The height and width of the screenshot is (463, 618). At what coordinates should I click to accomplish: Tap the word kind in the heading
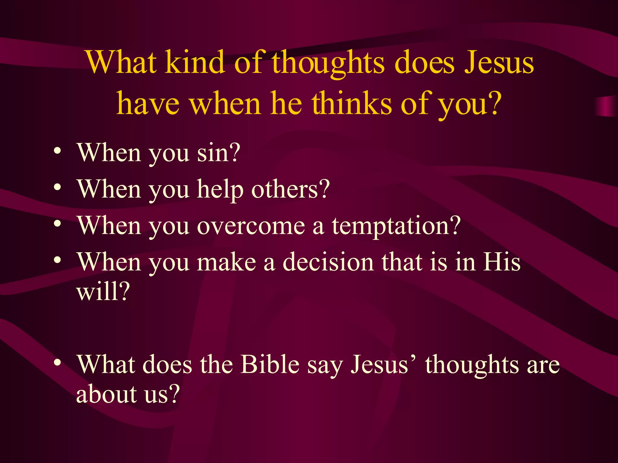tap(195, 63)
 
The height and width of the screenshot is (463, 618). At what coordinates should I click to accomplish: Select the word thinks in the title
tap(351, 104)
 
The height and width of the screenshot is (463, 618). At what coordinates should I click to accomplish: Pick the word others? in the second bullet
tap(290, 189)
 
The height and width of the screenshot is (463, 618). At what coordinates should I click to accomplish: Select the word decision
tap(328, 262)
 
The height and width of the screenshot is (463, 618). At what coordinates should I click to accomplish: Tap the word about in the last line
tap(106, 394)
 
